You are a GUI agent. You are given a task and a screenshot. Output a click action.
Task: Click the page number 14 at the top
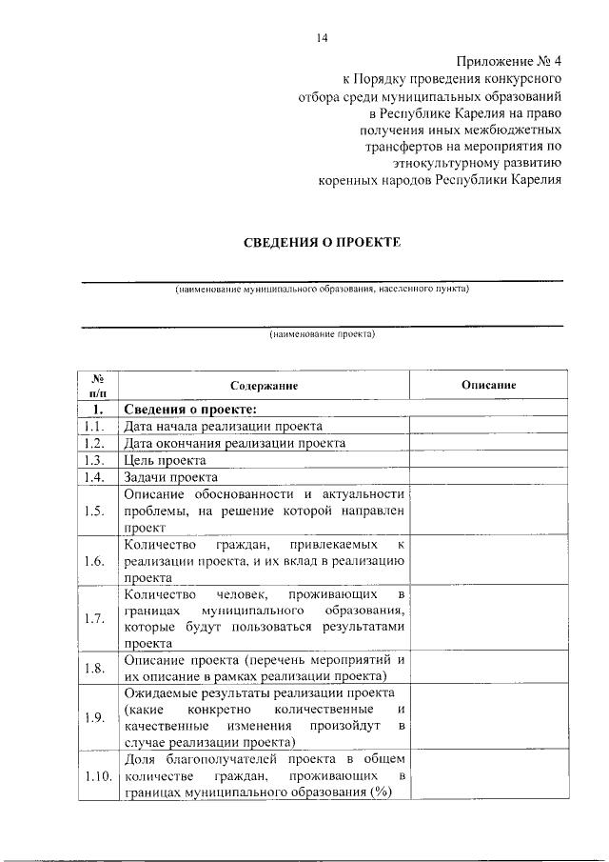point(322,39)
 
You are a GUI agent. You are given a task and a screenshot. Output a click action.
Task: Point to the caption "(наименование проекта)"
point(323,334)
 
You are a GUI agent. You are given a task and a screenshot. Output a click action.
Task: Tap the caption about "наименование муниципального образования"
point(322,289)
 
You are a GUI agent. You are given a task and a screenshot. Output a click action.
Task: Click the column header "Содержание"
point(264,386)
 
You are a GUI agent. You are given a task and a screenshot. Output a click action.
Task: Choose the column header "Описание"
point(488,385)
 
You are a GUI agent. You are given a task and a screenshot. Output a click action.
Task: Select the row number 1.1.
point(94,427)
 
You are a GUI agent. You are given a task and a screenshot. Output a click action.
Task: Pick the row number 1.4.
point(94,477)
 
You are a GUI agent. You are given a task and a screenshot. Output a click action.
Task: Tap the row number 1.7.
point(94,618)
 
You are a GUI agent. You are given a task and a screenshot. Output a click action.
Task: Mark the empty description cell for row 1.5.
point(488,511)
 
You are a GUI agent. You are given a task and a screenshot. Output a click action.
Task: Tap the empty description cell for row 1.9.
point(488,716)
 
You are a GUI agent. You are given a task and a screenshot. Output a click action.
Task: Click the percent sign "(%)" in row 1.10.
point(383,795)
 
